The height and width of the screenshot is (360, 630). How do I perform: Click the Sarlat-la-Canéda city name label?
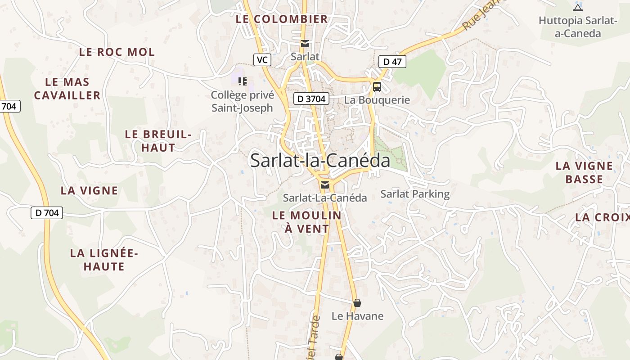click(320, 161)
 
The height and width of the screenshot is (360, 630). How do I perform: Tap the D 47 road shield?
click(392, 62)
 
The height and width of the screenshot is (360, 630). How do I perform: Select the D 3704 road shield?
click(311, 99)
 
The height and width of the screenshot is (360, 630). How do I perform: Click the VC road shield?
click(262, 60)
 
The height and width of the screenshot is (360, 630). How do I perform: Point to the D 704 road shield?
click(47, 213)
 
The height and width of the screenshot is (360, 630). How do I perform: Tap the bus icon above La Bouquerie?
click(377, 87)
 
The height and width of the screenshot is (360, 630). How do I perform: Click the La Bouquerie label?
click(377, 100)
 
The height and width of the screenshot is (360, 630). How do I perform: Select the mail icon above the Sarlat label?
click(305, 44)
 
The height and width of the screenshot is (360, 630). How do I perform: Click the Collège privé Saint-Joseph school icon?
click(243, 81)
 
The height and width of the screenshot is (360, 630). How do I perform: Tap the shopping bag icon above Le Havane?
click(357, 303)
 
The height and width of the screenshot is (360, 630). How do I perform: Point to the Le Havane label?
click(357, 316)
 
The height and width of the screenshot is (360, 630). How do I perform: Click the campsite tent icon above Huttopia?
click(578, 7)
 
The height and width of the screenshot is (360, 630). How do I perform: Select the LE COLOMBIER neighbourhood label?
click(282, 19)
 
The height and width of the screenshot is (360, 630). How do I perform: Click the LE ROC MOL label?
click(117, 52)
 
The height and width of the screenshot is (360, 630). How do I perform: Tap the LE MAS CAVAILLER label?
click(67, 89)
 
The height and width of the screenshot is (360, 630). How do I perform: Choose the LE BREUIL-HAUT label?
click(158, 141)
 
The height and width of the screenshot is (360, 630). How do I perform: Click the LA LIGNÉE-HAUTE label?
click(104, 260)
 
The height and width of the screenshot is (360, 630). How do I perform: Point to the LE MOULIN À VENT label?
click(307, 222)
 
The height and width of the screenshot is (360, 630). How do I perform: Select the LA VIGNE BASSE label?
click(584, 172)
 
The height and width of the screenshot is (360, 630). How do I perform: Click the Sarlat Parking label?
click(415, 194)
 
